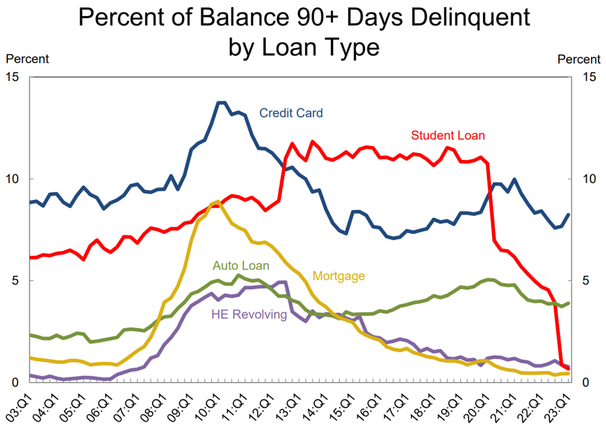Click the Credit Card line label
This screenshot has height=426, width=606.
tap(290, 113)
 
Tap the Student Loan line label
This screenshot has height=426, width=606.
tap(447, 135)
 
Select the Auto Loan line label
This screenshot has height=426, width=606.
tap(241, 266)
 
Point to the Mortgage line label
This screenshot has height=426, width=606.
tap(338, 276)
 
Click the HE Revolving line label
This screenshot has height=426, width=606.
tap(248, 315)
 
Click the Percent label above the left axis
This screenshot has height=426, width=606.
tap(27, 59)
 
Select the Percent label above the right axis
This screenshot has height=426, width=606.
tap(579, 59)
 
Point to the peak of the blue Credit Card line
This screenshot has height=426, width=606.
tap(221, 103)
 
